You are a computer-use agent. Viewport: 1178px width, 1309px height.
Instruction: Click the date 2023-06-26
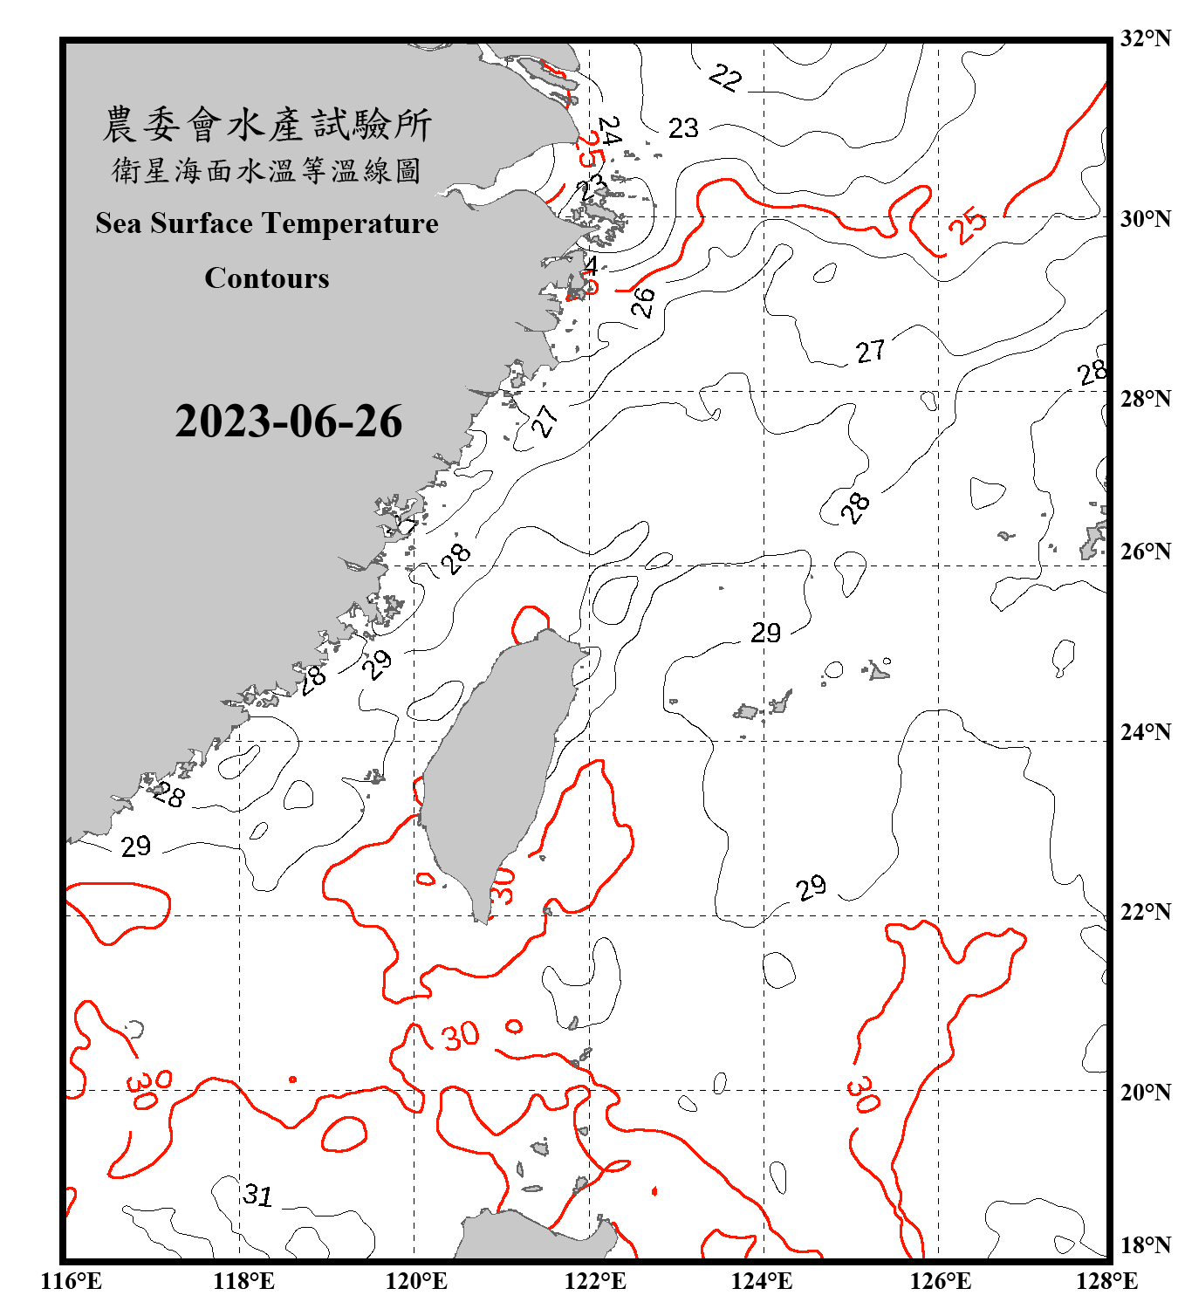pos(288,421)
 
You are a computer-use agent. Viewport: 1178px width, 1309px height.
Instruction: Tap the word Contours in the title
pos(267,278)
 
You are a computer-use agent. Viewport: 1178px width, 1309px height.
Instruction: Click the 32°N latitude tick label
pos(1145,38)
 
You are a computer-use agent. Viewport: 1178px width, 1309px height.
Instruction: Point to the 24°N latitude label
pos(1145,731)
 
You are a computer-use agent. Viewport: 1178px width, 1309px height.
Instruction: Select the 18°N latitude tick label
pos(1145,1244)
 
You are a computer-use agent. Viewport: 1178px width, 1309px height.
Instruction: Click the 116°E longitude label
pos(72,1281)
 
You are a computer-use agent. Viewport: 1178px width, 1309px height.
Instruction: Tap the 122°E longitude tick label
pos(595,1281)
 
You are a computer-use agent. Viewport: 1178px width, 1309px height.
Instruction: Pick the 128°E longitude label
pos(1106,1281)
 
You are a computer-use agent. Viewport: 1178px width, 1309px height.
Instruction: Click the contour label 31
pos(258,1194)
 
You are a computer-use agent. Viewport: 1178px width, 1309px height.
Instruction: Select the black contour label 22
pos(725,78)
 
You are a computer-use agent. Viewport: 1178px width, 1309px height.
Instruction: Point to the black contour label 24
pos(609,131)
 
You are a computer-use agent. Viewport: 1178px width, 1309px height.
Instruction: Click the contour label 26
pos(643,302)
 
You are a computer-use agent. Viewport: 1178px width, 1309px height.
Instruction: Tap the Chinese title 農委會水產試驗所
pos(267,125)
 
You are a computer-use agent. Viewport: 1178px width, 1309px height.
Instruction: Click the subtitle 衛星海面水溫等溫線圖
pos(267,170)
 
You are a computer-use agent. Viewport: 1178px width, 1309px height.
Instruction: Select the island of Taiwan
pos(493,768)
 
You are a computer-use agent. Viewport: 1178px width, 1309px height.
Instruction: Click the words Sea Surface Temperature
pos(267,223)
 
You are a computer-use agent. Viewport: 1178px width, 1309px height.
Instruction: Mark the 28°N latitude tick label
pos(1145,398)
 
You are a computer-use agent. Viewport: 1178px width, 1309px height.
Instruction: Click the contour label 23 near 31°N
pos(683,128)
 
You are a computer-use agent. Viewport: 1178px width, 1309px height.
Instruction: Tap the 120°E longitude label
pos(416,1281)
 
